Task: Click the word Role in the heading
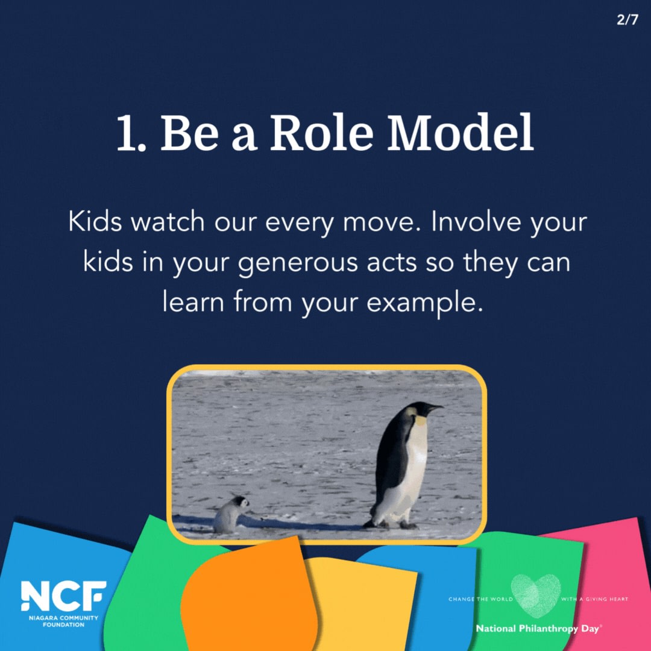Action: pyautogui.click(x=319, y=133)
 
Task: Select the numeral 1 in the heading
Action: pyautogui.click(x=125, y=134)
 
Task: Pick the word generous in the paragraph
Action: pyautogui.click(x=300, y=263)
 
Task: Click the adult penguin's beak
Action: pyautogui.click(x=435, y=409)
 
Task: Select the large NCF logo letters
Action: pyautogui.click(x=63, y=596)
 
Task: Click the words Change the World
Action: pyautogui.click(x=480, y=599)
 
